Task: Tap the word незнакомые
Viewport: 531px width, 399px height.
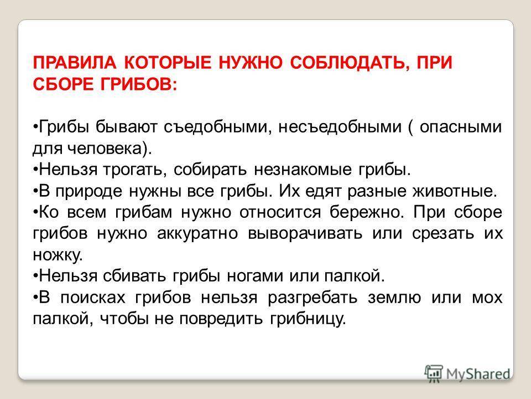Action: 303,170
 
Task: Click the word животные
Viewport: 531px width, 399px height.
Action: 455,191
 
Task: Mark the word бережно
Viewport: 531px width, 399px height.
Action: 367,212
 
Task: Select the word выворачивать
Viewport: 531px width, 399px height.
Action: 305,233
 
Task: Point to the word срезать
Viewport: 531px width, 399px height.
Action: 443,233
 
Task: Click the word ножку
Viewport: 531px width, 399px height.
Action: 58,255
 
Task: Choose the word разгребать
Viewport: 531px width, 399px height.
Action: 313,297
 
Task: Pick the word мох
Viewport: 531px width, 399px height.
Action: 487,298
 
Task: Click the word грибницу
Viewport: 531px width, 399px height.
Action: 308,319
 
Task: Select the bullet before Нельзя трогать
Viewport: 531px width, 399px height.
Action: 35,168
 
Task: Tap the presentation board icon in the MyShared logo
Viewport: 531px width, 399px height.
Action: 434,374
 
